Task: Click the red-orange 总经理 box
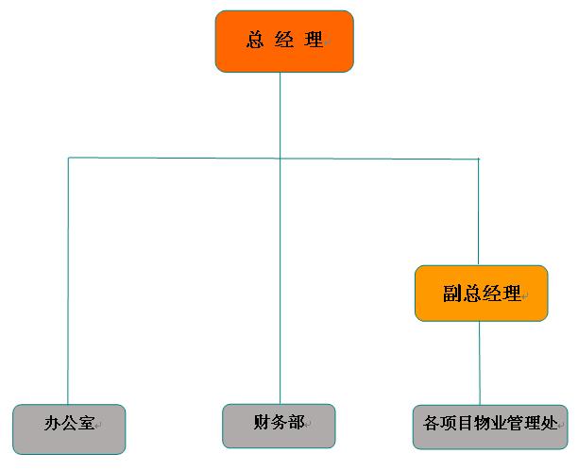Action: pyautogui.click(x=284, y=42)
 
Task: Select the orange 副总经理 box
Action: pyautogui.click(x=481, y=294)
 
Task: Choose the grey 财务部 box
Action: pyautogui.click(x=280, y=426)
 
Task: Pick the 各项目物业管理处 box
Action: pyautogui.click(x=490, y=426)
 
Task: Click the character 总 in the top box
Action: pyautogui.click(x=255, y=40)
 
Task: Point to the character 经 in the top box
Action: pyautogui.click(x=284, y=40)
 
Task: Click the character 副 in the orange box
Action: pyautogui.click(x=450, y=294)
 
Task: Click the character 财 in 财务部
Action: pyautogui.click(x=262, y=421)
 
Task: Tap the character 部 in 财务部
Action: pyautogui.click(x=296, y=421)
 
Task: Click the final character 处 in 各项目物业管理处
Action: pyautogui.click(x=551, y=421)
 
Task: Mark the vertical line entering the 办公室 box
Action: pyautogui.click(x=68, y=283)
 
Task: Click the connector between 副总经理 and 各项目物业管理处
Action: pyautogui.click(x=480, y=363)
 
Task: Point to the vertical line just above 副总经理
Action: pyautogui.click(x=479, y=212)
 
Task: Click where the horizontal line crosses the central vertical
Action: pyautogui.click(x=280, y=157)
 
